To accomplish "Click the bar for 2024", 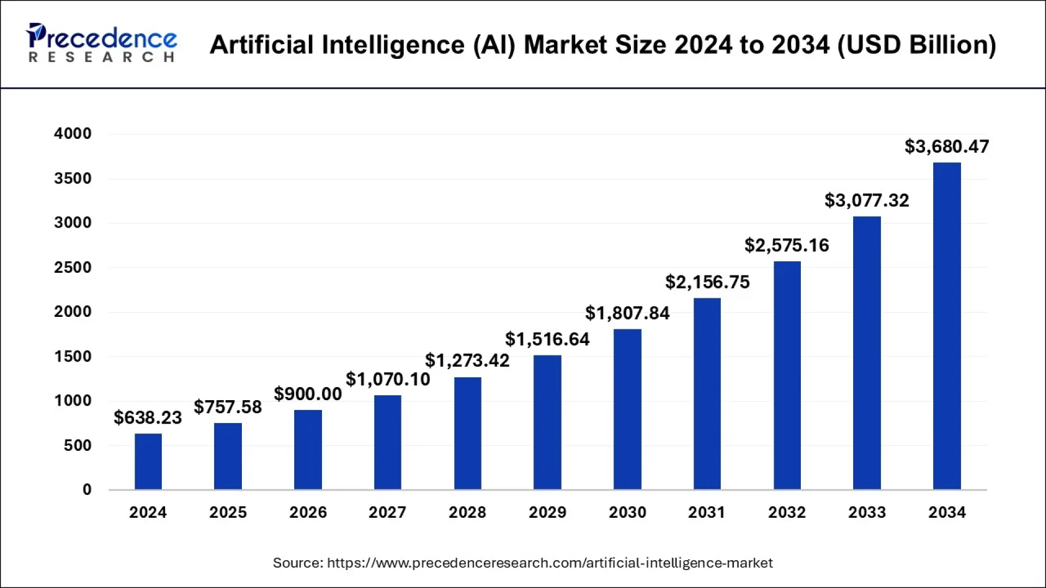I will [148, 461].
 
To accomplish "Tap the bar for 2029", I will [547, 422].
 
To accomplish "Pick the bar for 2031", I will [707, 394].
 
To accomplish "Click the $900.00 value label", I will [308, 394].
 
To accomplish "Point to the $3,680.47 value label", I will [946, 146].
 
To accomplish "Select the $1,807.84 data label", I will [627, 313].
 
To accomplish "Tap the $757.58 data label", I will [228, 407].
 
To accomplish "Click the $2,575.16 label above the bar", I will [787, 246].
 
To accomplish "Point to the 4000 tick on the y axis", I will [72, 133].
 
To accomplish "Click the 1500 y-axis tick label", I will [72, 357].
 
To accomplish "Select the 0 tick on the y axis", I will [87, 489].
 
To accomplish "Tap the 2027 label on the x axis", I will [387, 512].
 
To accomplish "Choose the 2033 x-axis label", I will [867, 512].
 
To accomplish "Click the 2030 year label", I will [627, 512].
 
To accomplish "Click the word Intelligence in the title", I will [393, 45].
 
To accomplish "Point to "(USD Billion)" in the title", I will [916, 45].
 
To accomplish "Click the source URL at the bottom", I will [549, 562].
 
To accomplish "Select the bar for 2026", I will [308, 449].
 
